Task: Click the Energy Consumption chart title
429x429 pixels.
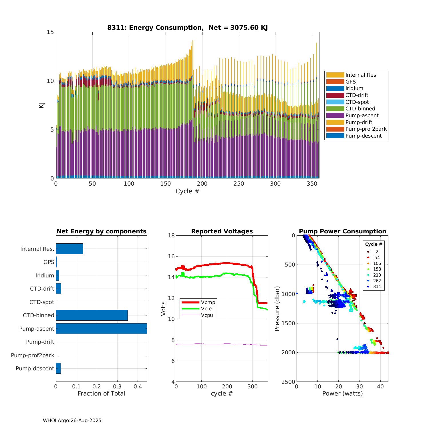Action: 187,28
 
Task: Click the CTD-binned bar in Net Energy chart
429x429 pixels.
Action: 92,315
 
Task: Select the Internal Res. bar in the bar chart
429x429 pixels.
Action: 69,249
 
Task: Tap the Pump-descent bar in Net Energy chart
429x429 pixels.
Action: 58,368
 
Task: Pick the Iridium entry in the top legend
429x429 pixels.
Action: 354,88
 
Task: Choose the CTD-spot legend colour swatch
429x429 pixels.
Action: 335,102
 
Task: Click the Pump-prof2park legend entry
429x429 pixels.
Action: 366,129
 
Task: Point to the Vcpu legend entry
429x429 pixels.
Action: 207,315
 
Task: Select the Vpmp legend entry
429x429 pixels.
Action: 208,302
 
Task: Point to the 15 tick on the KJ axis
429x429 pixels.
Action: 50,32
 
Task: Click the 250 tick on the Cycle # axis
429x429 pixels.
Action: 239,184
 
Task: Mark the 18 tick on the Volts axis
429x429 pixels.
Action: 171,235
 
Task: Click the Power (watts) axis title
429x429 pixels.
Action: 342,394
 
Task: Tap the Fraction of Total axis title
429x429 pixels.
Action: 101,394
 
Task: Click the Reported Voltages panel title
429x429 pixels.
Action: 222,231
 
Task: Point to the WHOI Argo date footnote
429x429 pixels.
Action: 72,420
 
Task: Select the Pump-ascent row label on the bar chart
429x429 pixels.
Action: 37,329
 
